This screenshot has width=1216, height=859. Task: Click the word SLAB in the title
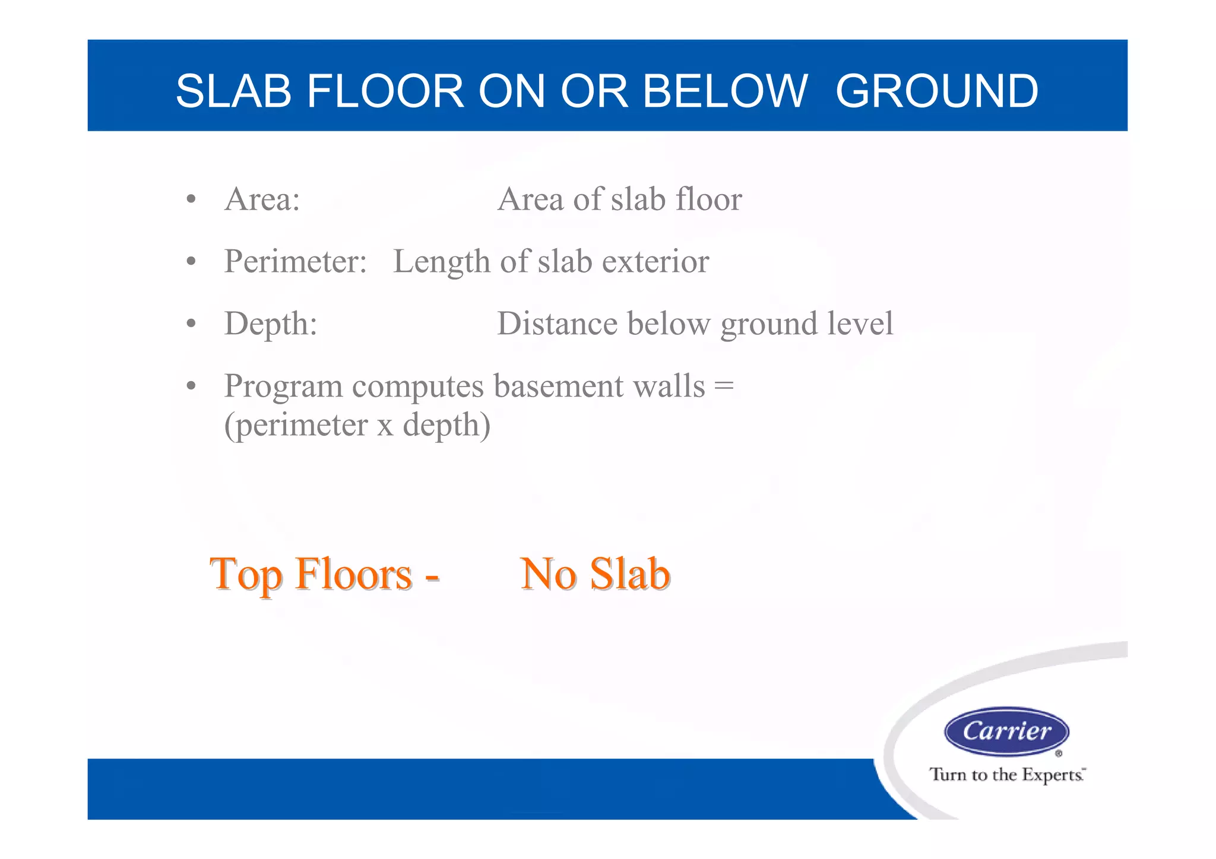pos(233,91)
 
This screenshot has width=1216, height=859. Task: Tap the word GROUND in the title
pos(936,91)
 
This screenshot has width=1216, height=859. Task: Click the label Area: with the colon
pos(262,199)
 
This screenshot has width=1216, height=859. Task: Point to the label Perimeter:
pos(295,262)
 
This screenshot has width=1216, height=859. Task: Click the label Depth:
pos(270,324)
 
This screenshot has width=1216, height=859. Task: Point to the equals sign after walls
pos(724,386)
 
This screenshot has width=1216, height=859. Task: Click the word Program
pos(283,386)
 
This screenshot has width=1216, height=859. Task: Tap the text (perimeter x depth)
pos(357,426)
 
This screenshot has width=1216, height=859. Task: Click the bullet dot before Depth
pos(191,324)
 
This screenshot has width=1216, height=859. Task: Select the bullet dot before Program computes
pos(191,386)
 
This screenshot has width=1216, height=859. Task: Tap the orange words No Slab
pos(595,575)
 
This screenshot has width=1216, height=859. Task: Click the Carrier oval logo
pos(1006,731)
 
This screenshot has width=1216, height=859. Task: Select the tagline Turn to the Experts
pos(1006,775)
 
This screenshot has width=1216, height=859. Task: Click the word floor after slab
pos(709,199)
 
